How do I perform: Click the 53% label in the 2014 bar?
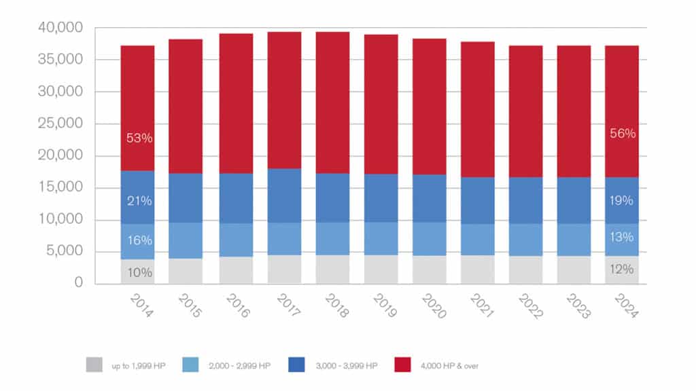click(139, 138)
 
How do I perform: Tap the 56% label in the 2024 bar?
click(623, 134)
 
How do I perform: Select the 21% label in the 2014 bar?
click(139, 201)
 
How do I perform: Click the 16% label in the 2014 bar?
click(139, 240)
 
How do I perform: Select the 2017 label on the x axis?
click(286, 304)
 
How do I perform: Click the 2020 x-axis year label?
click(431, 304)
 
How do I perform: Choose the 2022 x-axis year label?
click(527, 304)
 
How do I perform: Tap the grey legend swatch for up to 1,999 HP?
click(94, 366)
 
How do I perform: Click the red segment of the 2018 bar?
click(332, 102)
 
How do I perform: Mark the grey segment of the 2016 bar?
click(236, 269)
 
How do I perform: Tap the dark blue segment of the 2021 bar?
click(478, 200)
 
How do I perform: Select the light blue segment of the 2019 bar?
click(381, 238)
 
